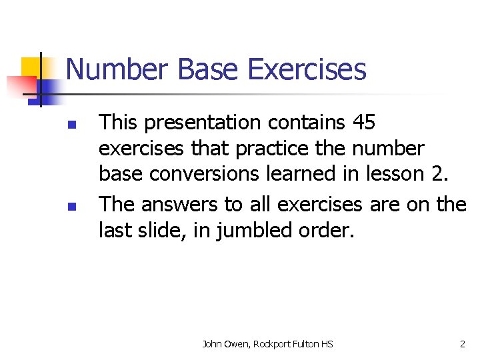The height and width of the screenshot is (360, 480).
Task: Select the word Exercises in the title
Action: [307, 69]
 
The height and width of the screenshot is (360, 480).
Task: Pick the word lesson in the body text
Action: [392, 174]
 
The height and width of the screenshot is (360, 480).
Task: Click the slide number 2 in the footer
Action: [463, 344]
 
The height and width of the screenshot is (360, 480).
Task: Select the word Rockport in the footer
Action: [271, 344]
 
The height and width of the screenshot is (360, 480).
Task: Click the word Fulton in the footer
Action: [307, 344]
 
